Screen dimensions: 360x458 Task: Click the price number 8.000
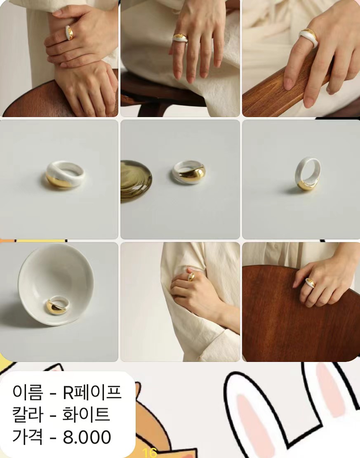coord(87,437)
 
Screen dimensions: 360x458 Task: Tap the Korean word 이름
coord(28,392)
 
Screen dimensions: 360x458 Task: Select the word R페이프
coord(92,392)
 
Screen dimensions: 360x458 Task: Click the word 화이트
coord(86,414)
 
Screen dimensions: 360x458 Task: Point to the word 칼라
coord(28,414)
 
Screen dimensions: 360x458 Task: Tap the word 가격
coord(28,437)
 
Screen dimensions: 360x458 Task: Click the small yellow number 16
coord(151,453)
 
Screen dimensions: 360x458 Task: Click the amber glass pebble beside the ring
coord(136,181)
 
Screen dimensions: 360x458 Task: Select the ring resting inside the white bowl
coord(58,305)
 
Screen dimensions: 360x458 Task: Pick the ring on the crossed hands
coord(69,33)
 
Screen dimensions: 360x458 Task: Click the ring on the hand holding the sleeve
coord(191,277)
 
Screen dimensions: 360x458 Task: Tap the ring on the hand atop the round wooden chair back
coord(311,283)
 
